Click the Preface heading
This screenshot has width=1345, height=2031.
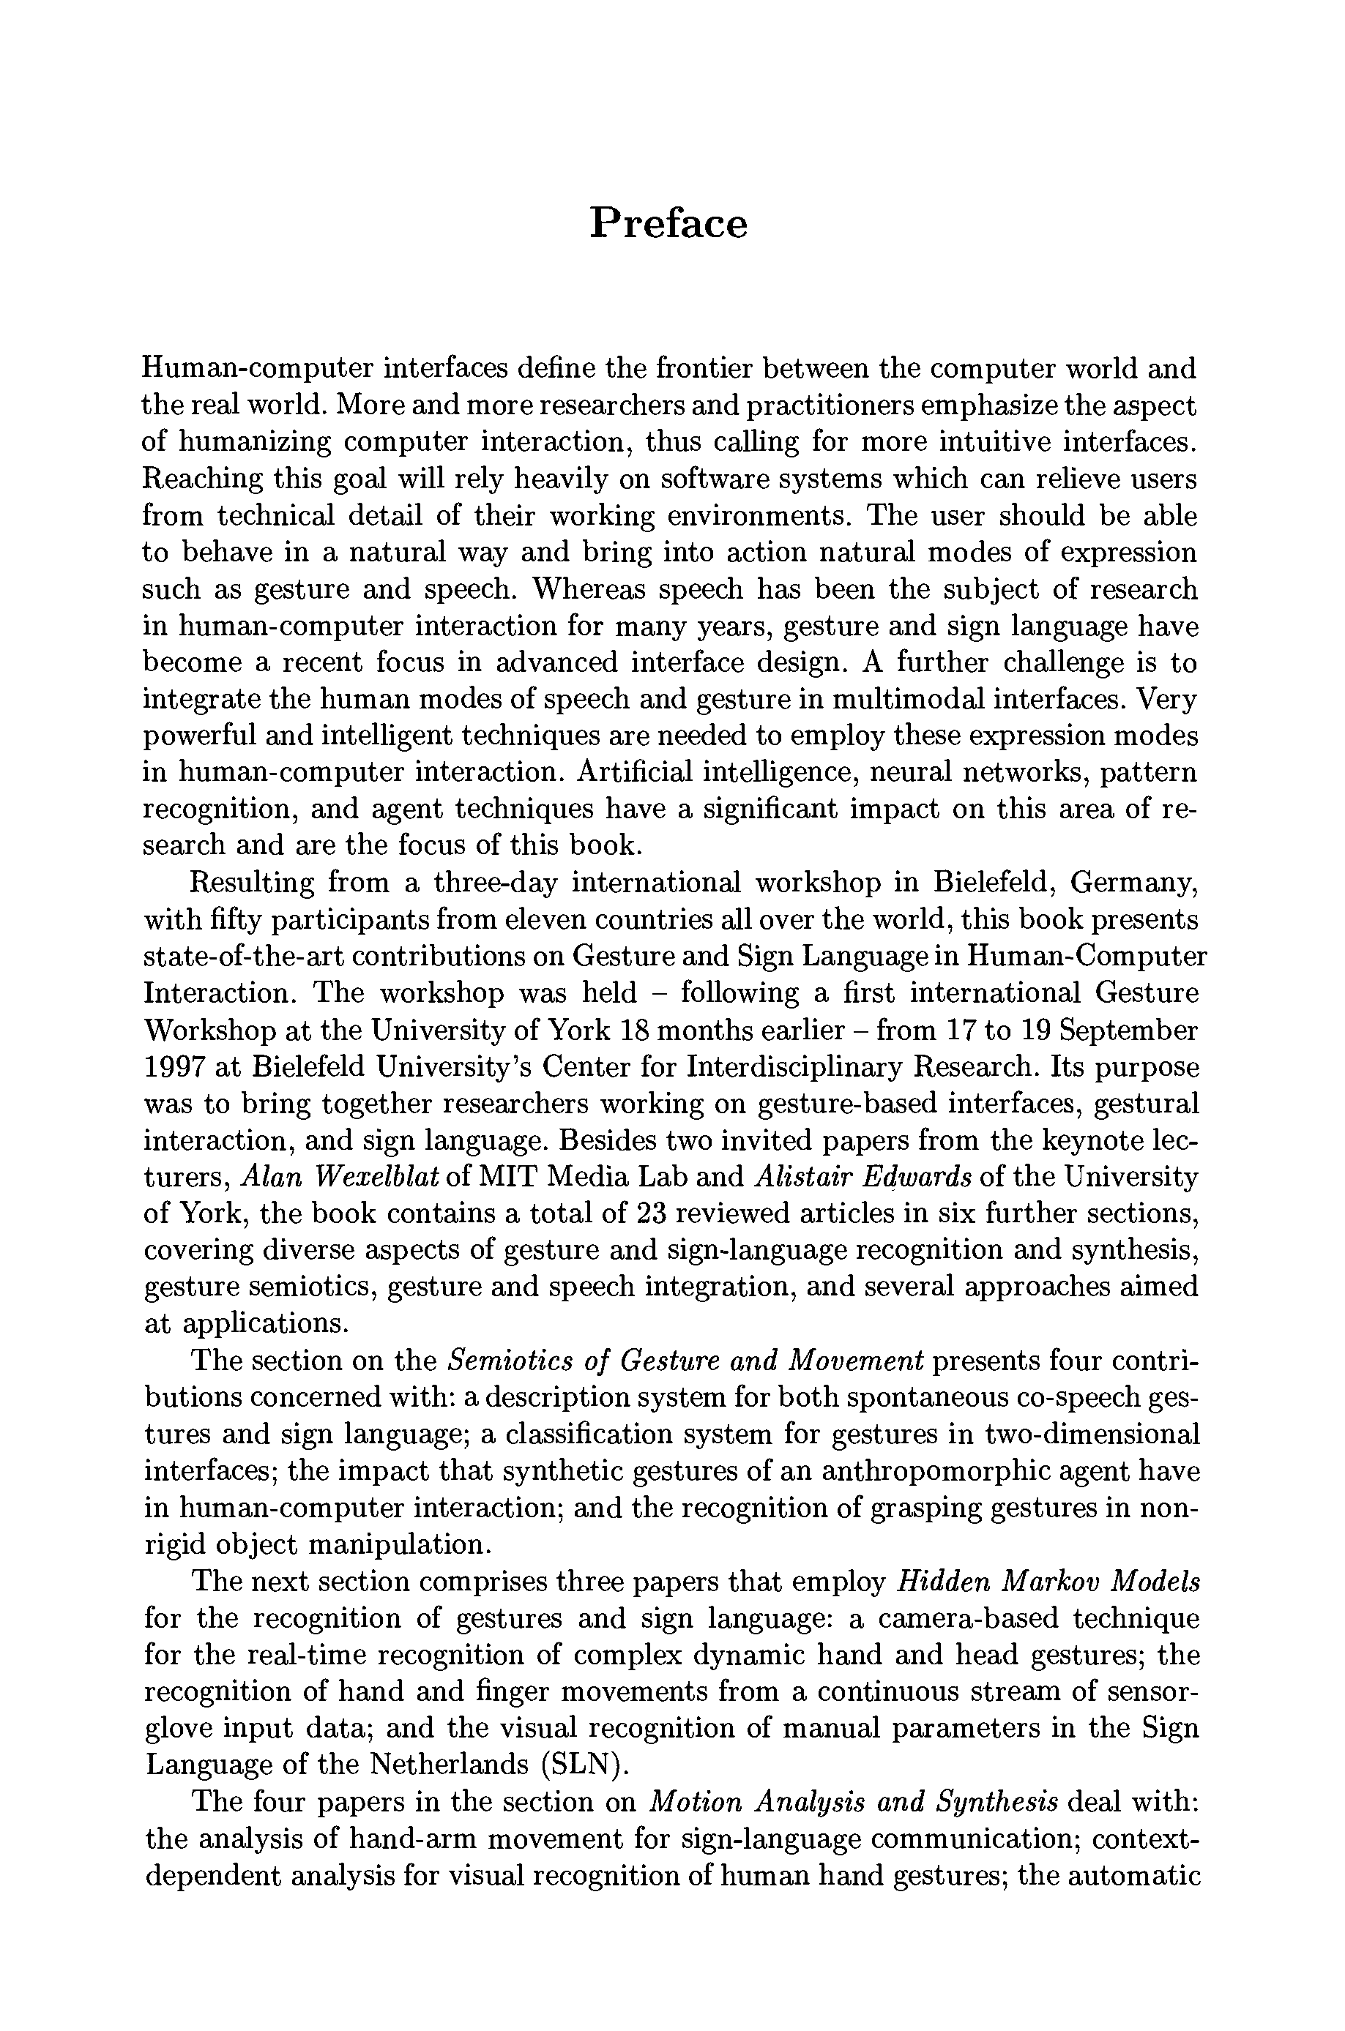pyautogui.click(x=668, y=224)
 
